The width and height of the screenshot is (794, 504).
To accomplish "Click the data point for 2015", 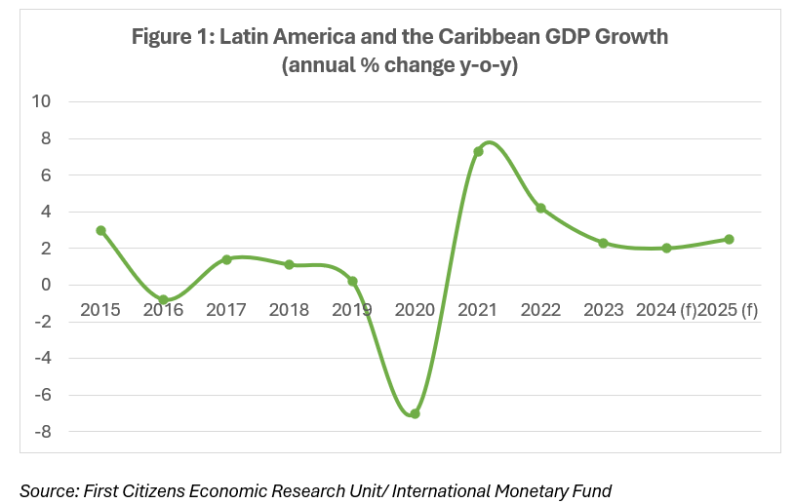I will [100, 231].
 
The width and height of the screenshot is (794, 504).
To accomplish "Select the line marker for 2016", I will [163, 300].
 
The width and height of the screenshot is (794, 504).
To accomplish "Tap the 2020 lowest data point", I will [415, 413].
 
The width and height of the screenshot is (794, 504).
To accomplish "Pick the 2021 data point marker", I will [478, 152].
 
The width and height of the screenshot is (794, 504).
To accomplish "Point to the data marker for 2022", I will [540, 209].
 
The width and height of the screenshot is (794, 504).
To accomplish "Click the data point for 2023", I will [603, 243].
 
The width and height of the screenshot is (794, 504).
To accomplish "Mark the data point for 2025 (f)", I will [729, 239].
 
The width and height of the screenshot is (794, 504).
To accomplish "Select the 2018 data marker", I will [289, 264].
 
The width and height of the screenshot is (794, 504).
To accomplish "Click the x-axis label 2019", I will [352, 310].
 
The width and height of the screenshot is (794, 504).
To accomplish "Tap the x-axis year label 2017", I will [226, 310].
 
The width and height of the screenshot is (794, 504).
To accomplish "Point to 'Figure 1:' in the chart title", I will [173, 38].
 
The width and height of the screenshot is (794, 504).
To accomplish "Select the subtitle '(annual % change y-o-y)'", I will [400, 66].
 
